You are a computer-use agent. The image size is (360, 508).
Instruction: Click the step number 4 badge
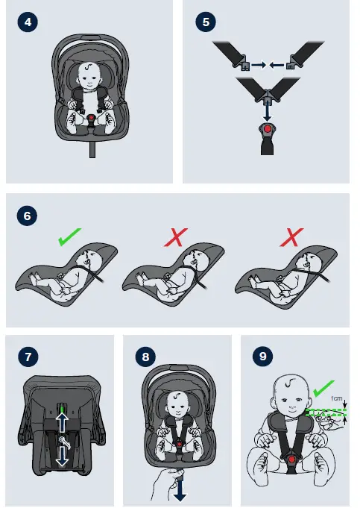pos(28,22)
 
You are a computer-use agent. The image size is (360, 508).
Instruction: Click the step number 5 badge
pos(205,22)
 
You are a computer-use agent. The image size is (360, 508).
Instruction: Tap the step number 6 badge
pos(28,216)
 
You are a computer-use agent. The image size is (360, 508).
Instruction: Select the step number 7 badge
pos(28,357)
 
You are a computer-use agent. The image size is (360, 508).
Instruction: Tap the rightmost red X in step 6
pos(289,239)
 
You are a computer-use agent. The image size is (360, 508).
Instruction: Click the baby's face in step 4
pos(90,74)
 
